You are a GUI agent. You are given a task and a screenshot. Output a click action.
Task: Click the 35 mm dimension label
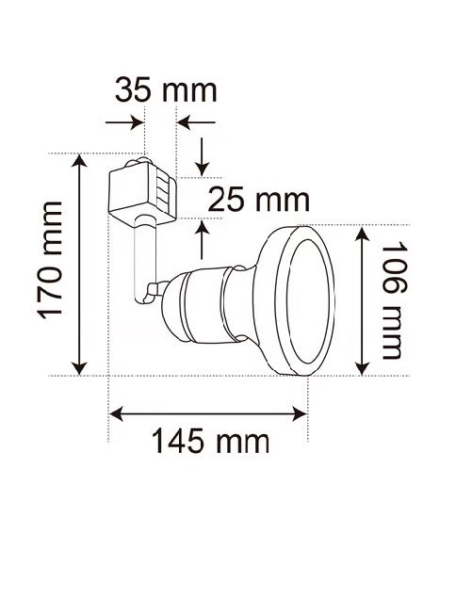(x=166, y=90)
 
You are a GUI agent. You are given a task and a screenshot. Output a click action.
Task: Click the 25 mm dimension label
(x=259, y=200)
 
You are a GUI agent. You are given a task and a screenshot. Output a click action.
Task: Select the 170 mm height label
(x=50, y=261)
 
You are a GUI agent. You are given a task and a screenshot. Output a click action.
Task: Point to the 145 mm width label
(x=211, y=441)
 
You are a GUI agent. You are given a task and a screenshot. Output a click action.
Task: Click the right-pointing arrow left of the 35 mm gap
(x=124, y=122)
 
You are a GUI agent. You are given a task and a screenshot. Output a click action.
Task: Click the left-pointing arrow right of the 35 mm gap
(x=197, y=122)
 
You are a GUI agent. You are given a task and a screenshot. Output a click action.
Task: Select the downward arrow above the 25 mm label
(x=202, y=157)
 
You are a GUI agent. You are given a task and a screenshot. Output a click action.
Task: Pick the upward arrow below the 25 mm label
(x=202, y=239)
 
